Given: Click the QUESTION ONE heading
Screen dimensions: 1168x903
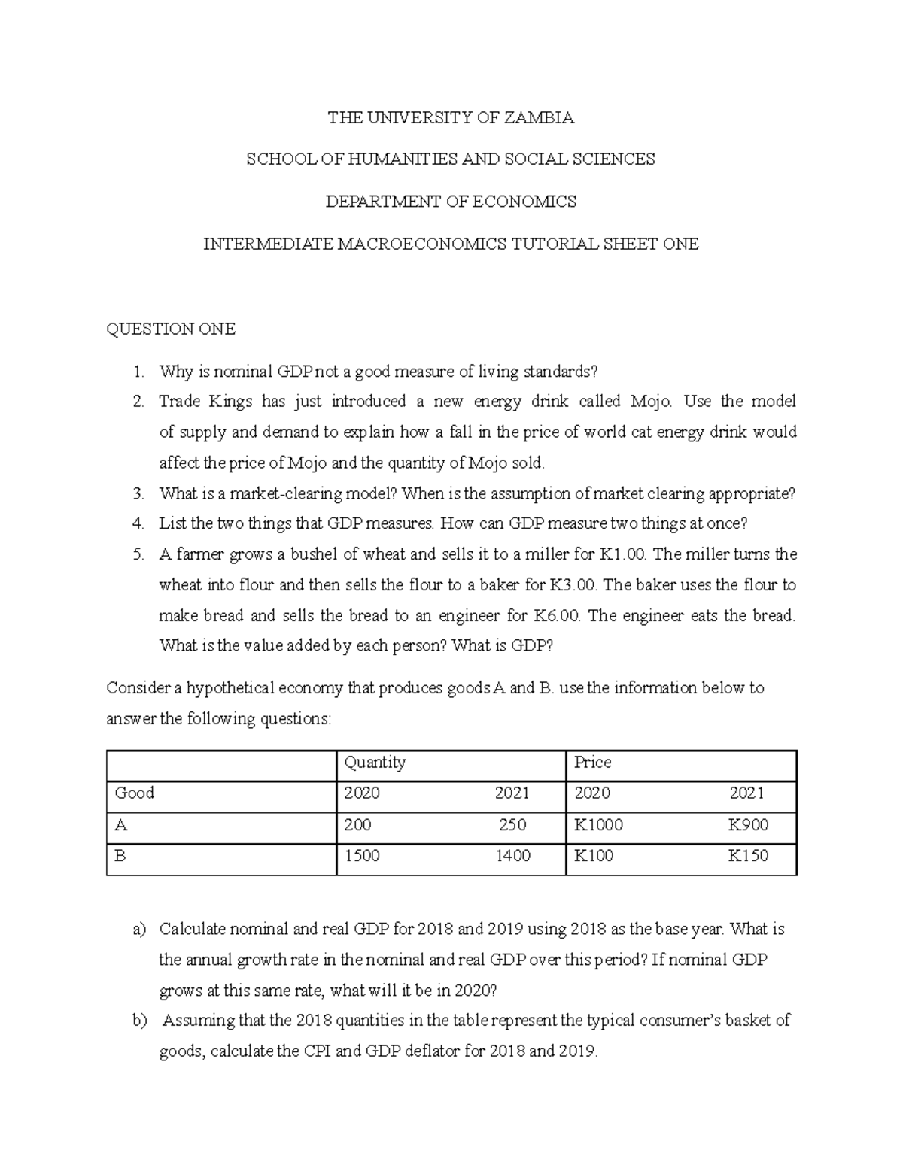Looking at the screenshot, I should click(171, 329).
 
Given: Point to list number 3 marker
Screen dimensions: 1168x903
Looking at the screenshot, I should click(138, 494).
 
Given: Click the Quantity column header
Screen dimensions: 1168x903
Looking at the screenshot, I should click(375, 763).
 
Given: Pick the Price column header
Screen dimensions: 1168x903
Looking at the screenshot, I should click(593, 763).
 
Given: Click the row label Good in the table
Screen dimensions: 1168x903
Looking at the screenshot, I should click(134, 793).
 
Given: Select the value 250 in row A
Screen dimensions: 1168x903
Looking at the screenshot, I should click(512, 825).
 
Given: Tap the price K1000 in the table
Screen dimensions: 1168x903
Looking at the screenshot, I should click(598, 825).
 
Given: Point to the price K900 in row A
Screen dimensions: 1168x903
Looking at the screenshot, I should click(748, 825).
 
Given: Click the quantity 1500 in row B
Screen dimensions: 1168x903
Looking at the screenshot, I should click(362, 856).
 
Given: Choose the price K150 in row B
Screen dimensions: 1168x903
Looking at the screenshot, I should click(748, 856).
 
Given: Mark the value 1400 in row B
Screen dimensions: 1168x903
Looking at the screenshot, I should click(512, 856).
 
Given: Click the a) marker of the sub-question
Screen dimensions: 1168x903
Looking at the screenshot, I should click(138, 930).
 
